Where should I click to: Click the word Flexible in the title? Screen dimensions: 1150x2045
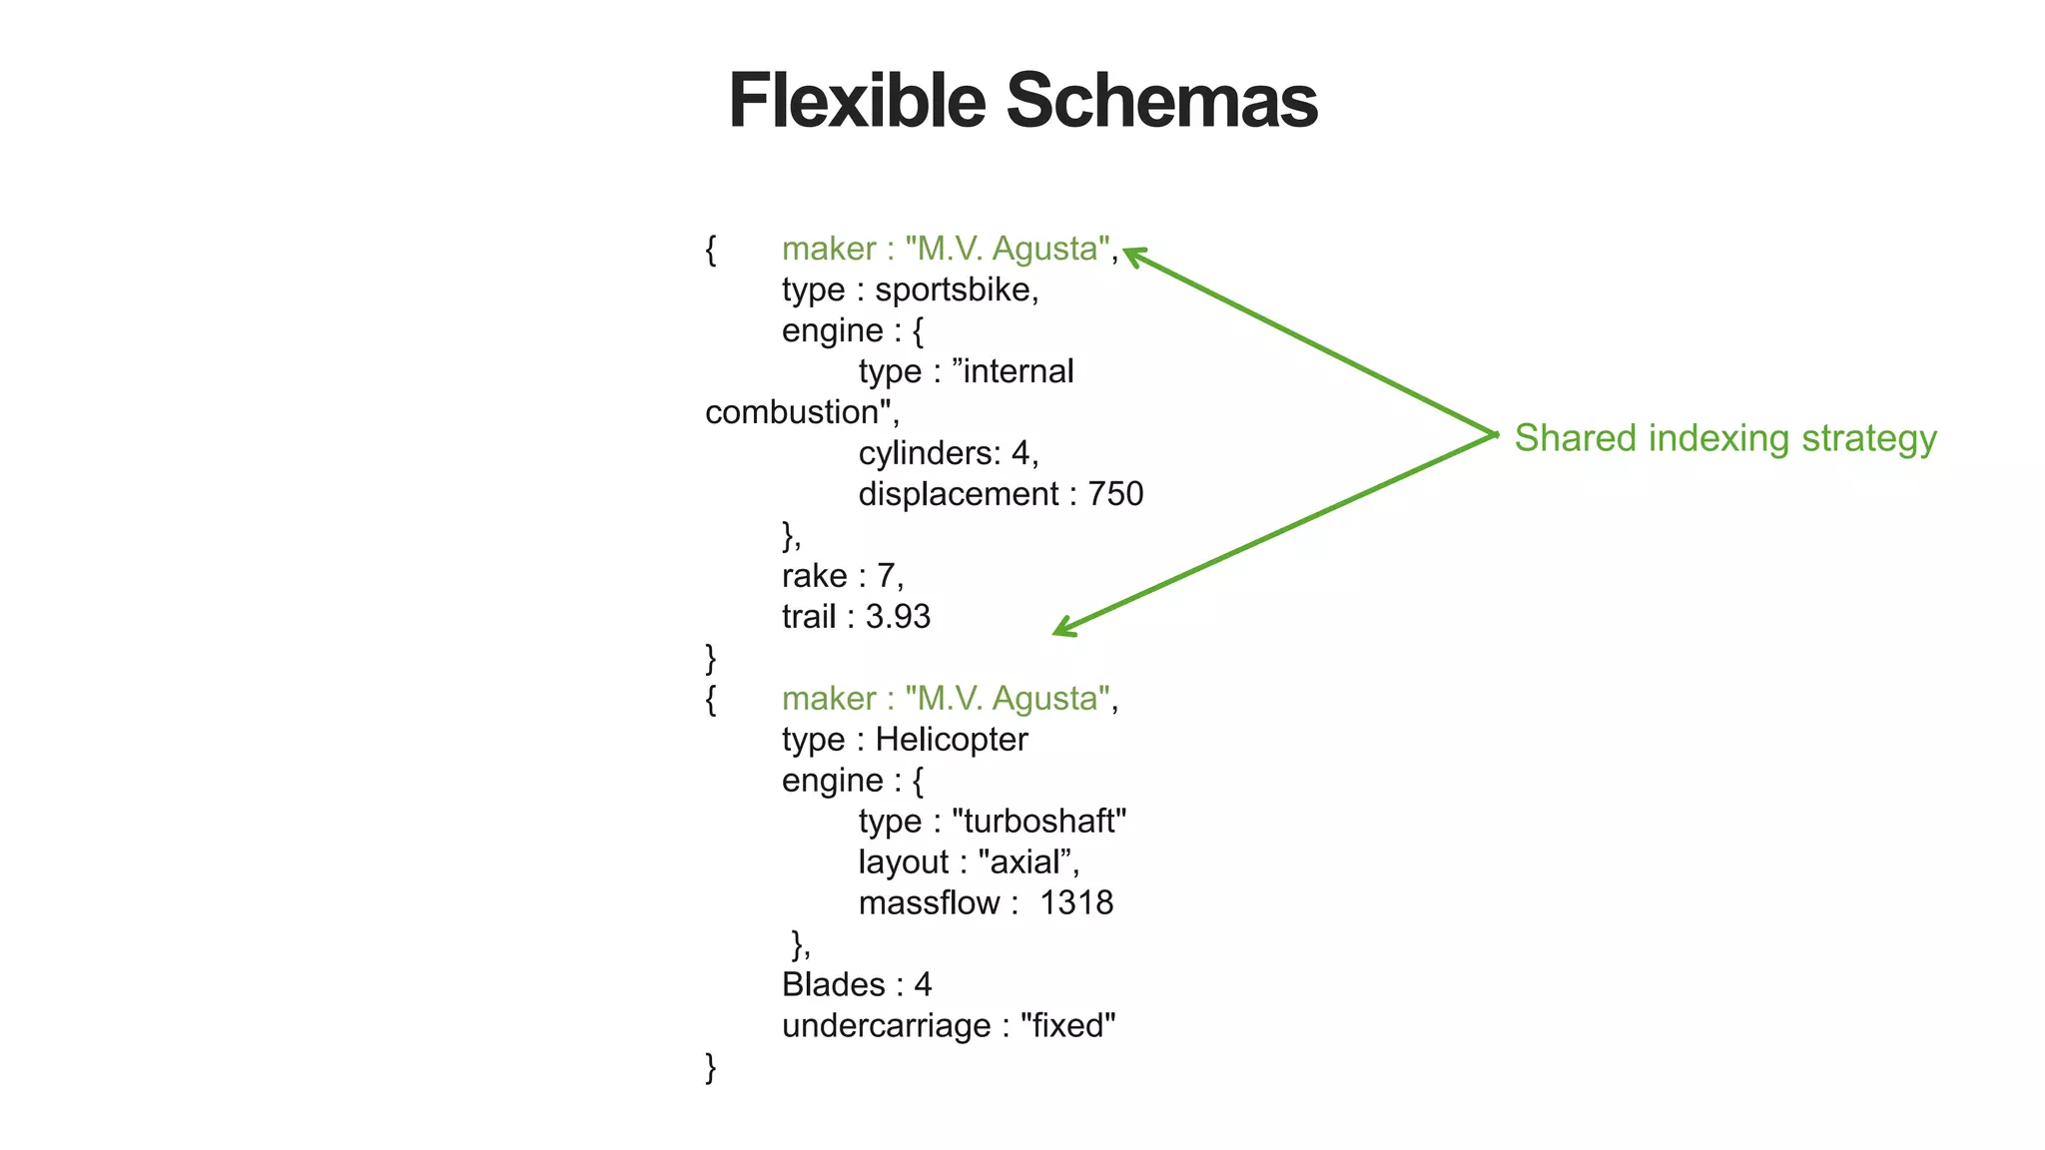(857, 102)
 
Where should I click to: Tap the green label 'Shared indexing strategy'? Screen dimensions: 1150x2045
(1725, 438)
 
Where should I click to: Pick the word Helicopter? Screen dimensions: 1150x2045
(952, 740)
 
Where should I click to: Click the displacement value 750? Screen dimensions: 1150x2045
(1115, 494)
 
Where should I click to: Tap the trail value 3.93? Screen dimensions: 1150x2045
(898, 617)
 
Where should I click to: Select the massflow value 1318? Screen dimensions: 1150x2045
(1076, 903)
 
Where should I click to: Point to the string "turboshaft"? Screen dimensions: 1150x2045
(1038, 822)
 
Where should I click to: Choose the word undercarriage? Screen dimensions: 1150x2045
(886, 1026)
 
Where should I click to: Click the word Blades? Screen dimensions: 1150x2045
(834, 985)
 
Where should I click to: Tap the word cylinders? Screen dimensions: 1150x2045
(929, 453)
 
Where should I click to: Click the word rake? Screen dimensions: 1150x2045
(814, 576)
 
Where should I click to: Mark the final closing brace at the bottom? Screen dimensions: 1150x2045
(711, 1067)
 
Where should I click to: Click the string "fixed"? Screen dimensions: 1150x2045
(1067, 1026)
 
